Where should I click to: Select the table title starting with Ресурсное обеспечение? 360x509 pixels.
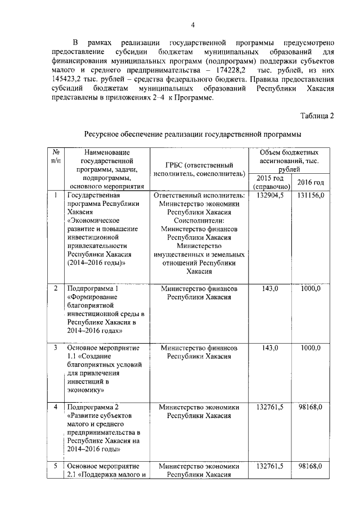[x=192, y=134]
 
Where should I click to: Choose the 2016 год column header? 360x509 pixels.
[x=310, y=182]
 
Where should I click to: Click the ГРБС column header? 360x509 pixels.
[x=200, y=169]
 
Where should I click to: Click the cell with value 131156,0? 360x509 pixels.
[x=310, y=195]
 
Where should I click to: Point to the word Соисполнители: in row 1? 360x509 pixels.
[x=200, y=221]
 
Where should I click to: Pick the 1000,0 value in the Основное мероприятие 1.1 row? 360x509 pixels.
[x=310, y=348]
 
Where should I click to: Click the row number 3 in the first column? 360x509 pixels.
[x=56, y=348]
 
